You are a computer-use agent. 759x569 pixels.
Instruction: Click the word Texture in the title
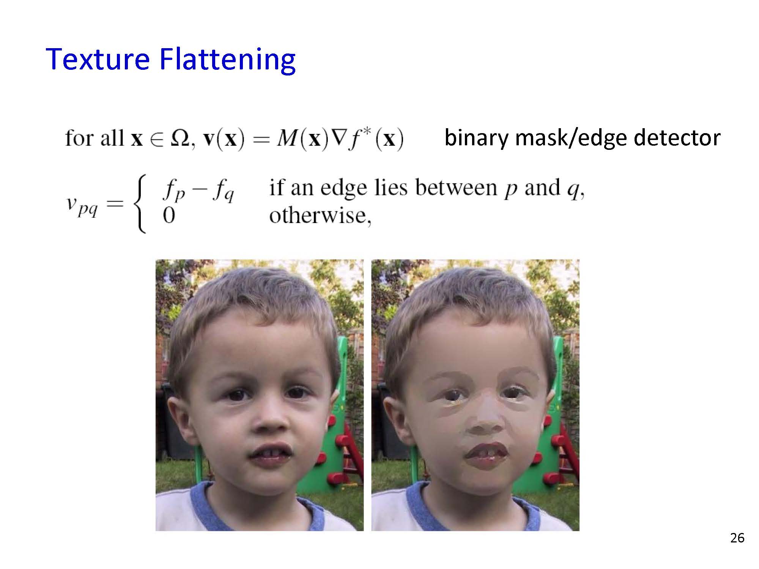(x=98, y=59)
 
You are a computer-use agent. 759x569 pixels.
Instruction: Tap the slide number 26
(x=737, y=538)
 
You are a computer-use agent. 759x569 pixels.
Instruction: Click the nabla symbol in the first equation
(x=337, y=138)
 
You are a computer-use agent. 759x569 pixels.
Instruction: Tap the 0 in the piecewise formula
(x=169, y=216)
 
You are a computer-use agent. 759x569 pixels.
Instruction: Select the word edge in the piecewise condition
(x=343, y=189)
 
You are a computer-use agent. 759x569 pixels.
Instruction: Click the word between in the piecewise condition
(x=456, y=187)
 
